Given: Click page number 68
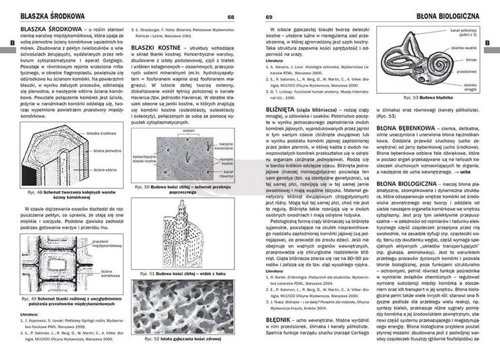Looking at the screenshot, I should [x=230, y=16].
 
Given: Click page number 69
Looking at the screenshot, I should [x=269, y=16].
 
